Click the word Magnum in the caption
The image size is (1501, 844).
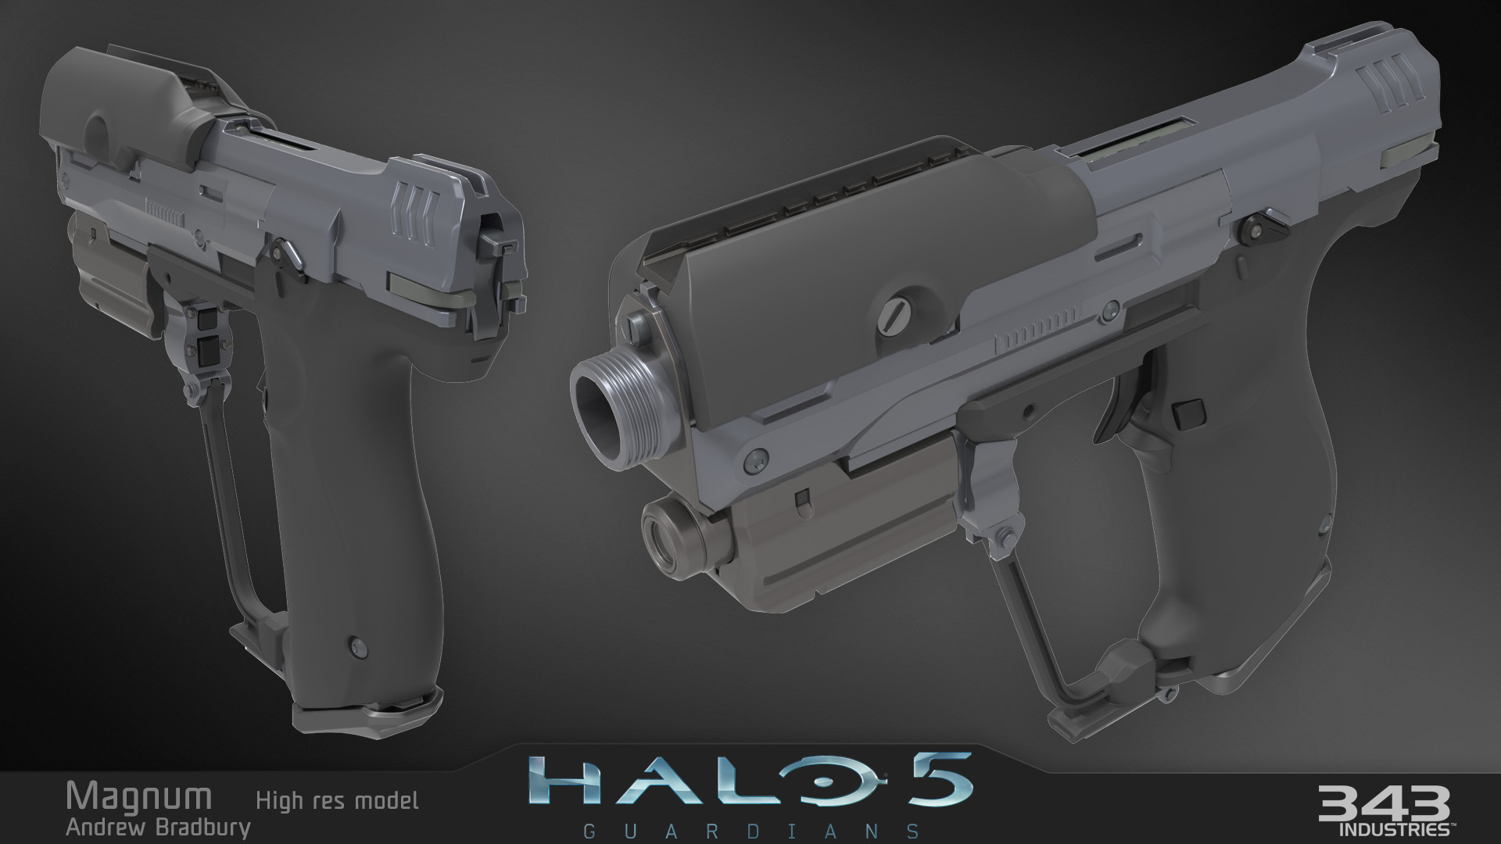139,797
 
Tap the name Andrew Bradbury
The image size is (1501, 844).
159,828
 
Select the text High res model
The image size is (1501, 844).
337,800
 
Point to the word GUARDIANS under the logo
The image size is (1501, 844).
750,830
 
